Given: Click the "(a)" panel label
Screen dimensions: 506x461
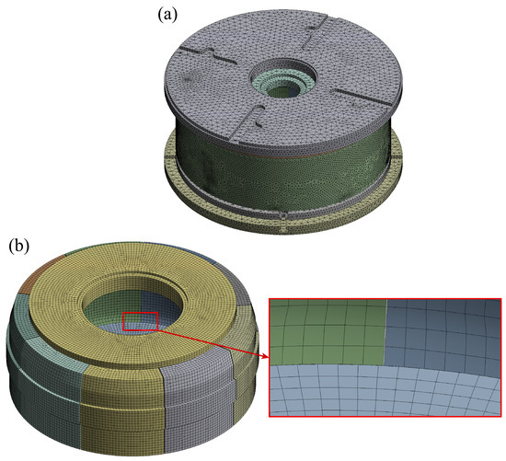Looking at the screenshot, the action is pyautogui.click(x=167, y=15).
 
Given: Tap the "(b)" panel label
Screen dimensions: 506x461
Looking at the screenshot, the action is pyautogui.click(x=18, y=246).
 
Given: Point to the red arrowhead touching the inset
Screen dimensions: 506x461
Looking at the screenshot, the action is pyautogui.click(x=265, y=356).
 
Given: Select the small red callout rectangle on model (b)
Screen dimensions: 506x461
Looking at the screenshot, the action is pyautogui.click(x=141, y=321).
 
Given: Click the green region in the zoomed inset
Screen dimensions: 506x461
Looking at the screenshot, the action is pyautogui.click(x=327, y=332).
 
